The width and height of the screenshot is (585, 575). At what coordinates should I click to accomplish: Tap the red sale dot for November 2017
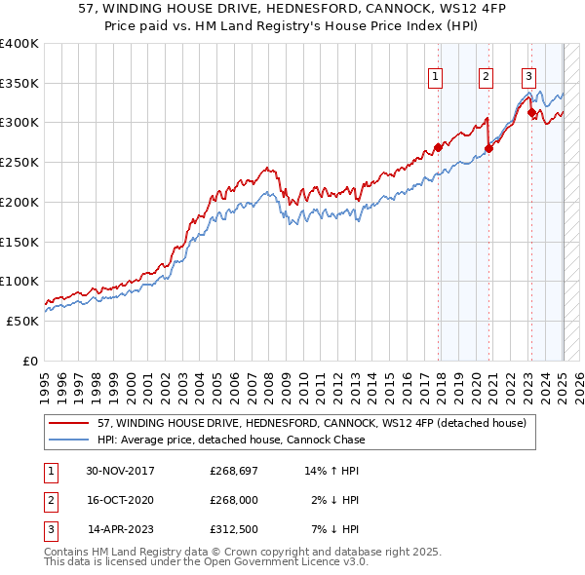439,149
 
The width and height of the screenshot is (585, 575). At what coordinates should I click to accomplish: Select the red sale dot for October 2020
488,149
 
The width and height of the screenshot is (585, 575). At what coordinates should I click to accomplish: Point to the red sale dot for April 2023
531,113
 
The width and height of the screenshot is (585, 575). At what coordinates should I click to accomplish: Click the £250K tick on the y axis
19,162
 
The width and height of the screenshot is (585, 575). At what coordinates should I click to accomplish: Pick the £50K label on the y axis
23,321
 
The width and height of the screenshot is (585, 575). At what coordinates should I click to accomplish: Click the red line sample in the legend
69,423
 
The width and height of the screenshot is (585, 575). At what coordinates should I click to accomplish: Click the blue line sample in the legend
69,440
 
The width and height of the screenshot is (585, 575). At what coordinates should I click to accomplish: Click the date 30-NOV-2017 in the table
120,471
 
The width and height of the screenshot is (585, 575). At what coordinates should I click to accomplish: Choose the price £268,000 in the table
234,500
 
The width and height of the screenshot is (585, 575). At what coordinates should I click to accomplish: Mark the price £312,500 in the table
234,529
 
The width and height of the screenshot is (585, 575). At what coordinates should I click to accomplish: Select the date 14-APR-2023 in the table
121,529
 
